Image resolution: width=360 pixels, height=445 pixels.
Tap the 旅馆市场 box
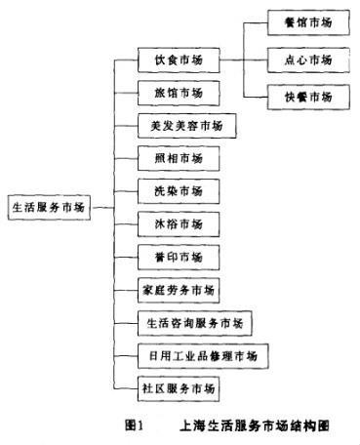point(177,94)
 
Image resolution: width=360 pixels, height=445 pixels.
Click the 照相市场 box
point(177,159)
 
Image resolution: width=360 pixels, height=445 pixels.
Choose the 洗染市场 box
point(177,191)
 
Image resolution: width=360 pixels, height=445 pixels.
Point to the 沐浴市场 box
point(177,224)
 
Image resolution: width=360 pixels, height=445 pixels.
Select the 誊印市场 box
point(177,258)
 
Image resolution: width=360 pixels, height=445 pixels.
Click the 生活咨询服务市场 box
point(194,322)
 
